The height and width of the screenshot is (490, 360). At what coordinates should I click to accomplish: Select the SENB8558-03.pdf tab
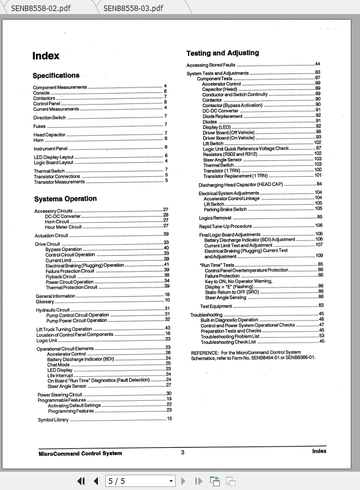(x=133, y=8)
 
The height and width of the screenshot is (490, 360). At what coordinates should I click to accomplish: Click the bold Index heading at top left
(x=46, y=56)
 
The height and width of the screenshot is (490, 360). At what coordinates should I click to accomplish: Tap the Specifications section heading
(x=56, y=76)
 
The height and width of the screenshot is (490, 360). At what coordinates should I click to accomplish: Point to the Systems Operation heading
(x=65, y=199)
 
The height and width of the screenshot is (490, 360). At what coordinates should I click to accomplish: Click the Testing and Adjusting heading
(x=222, y=53)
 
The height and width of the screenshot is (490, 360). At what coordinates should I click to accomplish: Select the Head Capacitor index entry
(x=49, y=135)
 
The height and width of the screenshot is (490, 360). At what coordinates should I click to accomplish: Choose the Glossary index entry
(x=45, y=302)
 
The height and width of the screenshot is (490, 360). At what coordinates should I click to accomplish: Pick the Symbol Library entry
(x=53, y=420)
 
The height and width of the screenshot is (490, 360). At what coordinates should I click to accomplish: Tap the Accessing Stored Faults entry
(x=211, y=65)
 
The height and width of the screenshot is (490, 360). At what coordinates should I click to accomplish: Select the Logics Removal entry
(x=215, y=217)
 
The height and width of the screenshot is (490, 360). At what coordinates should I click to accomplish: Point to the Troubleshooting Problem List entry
(x=230, y=336)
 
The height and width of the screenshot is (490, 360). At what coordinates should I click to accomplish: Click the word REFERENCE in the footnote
(x=204, y=352)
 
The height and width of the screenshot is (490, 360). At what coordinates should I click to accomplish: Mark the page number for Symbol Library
(x=169, y=419)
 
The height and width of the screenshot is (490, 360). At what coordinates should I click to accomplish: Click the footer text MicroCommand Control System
(x=80, y=453)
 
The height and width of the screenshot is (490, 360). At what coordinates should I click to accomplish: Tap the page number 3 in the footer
(x=182, y=453)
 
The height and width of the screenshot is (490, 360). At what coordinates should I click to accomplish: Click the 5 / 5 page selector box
(x=140, y=481)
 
